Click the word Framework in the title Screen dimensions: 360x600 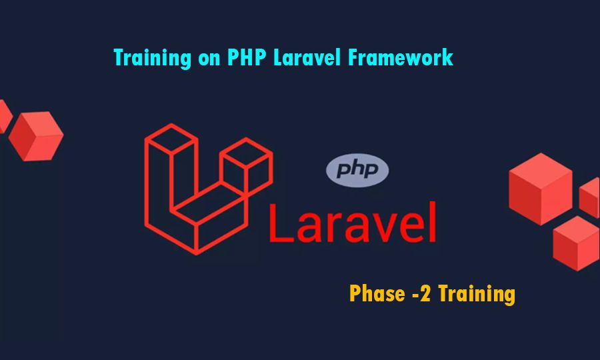click(401, 58)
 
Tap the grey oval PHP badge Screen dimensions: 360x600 click(357, 170)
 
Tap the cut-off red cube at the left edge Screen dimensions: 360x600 click(4, 115)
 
